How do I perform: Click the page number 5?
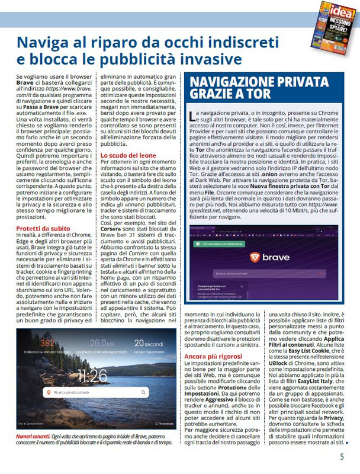(342, 457)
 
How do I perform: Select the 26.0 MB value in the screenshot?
(102, 343)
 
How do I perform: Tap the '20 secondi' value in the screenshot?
(147, 343)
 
